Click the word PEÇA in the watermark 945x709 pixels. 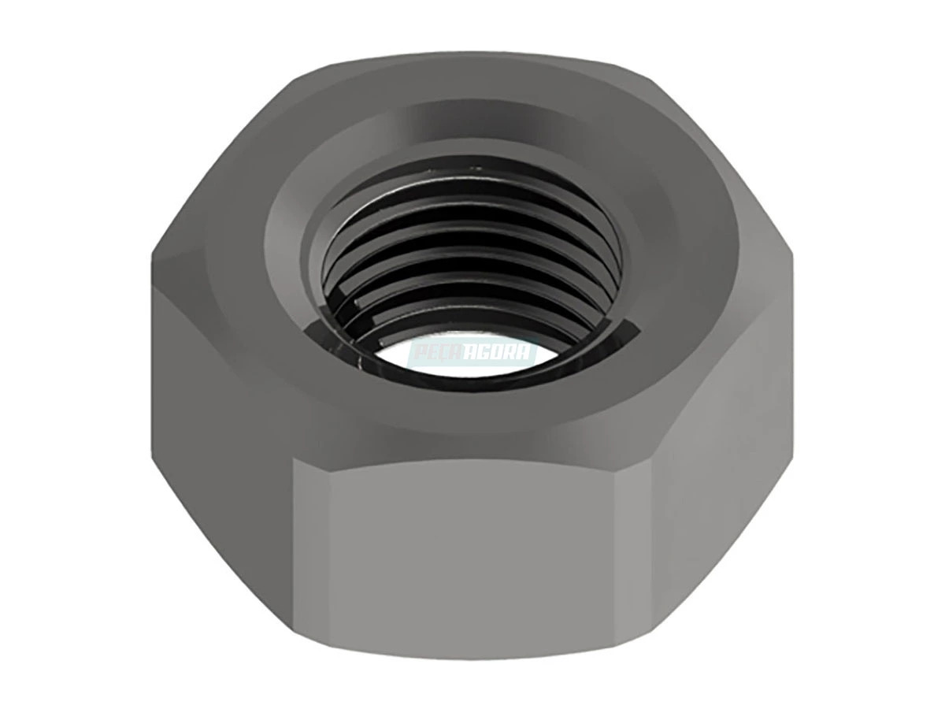pyautogui.click(x=437, y=352)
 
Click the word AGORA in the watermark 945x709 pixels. pyautogui.click(x=502, y=352)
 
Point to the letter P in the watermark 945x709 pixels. pyautogui.click(x=418, y=352)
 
